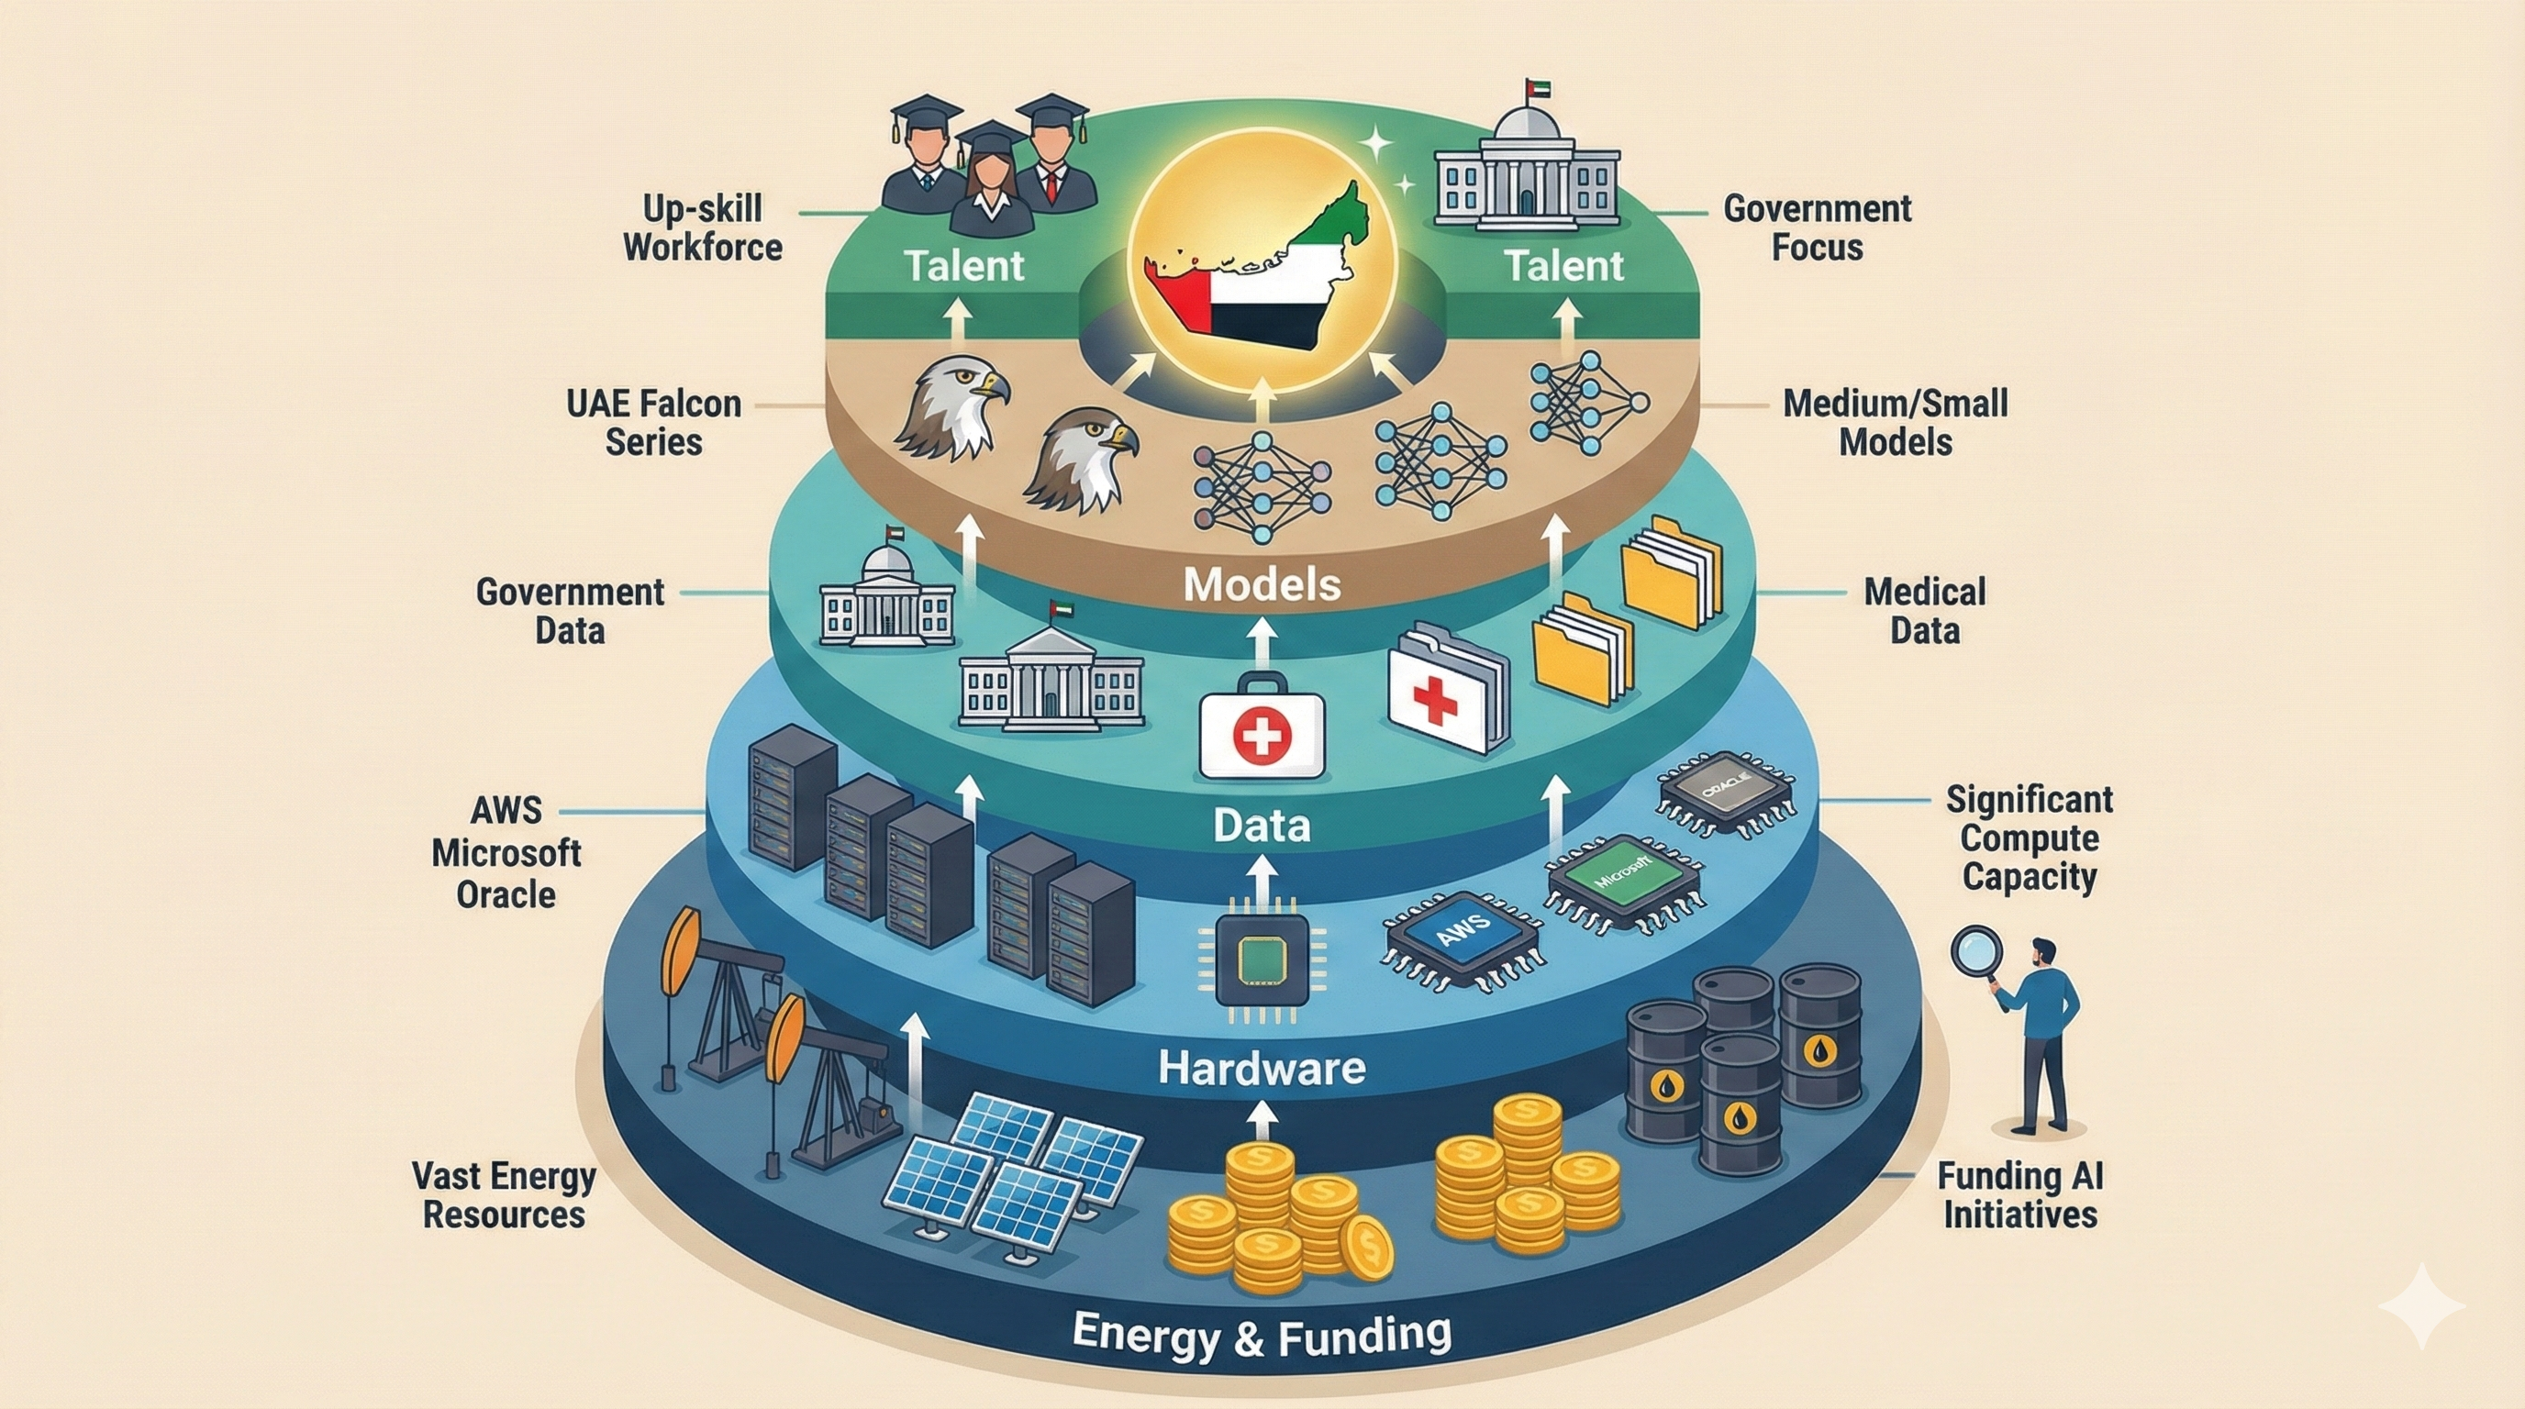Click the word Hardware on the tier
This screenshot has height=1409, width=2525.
tap(1262, 1067)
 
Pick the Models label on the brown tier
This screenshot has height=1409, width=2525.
tap(1262, 585)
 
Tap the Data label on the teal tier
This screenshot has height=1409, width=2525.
tap(1262, 825)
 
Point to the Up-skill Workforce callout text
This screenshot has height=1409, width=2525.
tap(703, 227)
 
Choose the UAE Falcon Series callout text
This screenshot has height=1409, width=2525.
tap(654, 422)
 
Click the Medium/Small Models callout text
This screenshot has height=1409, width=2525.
tap(1895, 422)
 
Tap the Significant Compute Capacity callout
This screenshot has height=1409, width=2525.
tap(2028, 838)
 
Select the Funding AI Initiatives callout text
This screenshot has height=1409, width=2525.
tap(2020, 1195)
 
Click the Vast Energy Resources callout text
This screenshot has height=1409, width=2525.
tap(504, 1195)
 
